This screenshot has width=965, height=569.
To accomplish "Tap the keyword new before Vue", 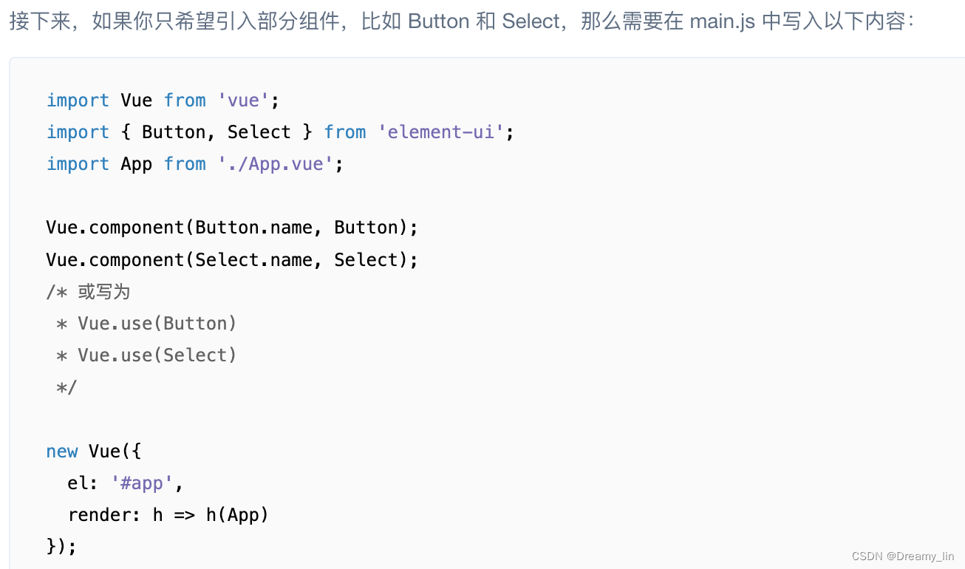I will tap(62, 452).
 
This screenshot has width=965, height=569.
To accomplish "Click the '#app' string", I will tap(143, 483).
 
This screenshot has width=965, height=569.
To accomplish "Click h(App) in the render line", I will tap(237, 515).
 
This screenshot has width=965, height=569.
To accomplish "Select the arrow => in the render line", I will tap(184, 515).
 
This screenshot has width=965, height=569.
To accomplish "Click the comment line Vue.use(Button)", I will tap(157, 324).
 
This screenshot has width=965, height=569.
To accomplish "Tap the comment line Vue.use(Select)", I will tap(157, 355).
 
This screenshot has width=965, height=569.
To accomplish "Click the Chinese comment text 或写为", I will tap(104, 292).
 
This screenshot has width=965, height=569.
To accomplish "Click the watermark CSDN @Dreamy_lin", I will tap(902, 556).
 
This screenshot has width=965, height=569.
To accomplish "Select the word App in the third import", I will tap(137, 164).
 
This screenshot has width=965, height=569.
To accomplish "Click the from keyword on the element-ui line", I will tap(345, 132).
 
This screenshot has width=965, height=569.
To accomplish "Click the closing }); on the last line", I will tap(61, 547).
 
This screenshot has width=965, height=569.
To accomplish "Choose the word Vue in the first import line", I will tap(137, 100).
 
